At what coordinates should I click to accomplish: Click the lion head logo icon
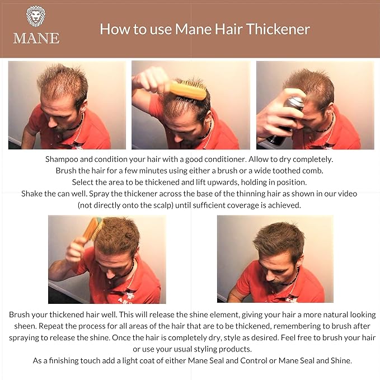pos(36,17)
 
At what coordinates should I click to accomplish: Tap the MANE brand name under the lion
pos(36,38)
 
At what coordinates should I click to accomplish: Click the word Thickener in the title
pos(278,29)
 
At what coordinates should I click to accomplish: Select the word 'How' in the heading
pos(112,29)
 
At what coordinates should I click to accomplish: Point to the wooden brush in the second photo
pos(187,90)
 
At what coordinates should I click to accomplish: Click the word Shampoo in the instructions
pos(63,159)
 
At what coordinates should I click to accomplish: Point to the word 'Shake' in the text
pos(33,193)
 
